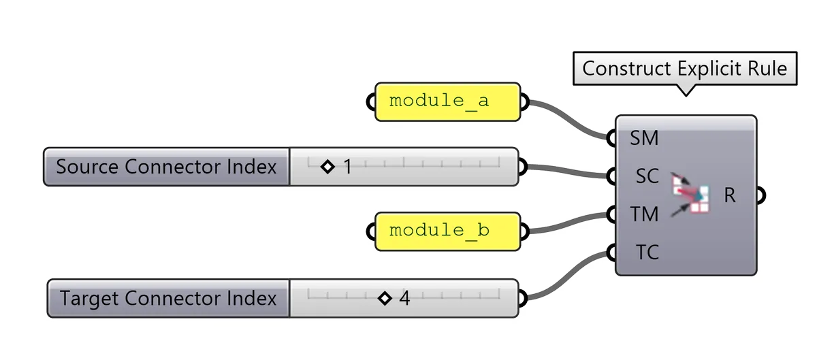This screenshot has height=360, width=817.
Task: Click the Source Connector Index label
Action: coord(166,167)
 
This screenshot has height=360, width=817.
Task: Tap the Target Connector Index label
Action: coord(167,298)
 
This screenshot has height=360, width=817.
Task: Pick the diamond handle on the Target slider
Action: coord(385,298)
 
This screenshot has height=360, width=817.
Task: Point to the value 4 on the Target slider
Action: coord(404,298)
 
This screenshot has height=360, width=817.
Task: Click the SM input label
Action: coord(643,139)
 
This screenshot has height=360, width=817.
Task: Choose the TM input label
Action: coord(643,214)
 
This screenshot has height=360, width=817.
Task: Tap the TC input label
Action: coord(646,252)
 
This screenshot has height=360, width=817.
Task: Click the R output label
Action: coord(730,196)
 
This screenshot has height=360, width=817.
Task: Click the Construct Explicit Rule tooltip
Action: coord(684,69)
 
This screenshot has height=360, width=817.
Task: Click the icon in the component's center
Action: coord(690,195)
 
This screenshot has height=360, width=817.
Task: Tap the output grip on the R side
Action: coord(761,196)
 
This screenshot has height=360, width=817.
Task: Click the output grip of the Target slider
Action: coord(522,298)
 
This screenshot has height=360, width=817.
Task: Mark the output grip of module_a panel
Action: coord(524,102)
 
